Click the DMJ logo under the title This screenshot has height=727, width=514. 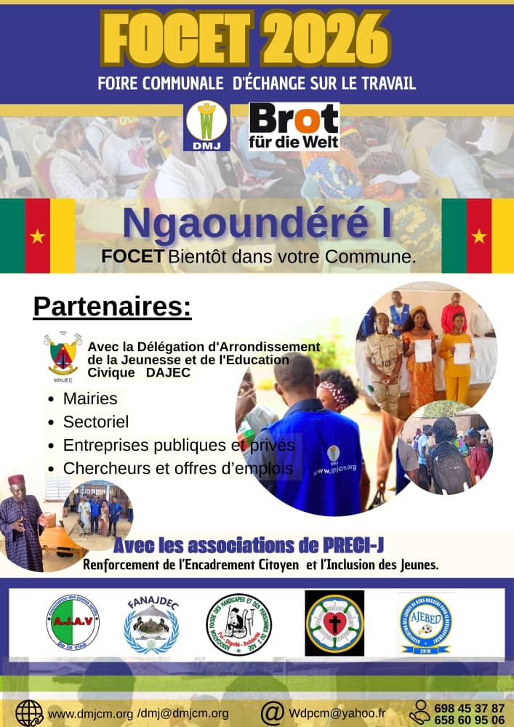(x=207, y=126)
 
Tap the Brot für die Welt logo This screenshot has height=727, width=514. (x=294, y=126)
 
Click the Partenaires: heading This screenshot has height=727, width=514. (x=112, y=306)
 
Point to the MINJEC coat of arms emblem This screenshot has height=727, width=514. (x=63, y=354)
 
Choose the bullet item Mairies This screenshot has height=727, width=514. (x=90, y=398)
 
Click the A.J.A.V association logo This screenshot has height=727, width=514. (x=73, y=622)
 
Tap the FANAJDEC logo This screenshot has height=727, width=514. (x=152, y=622)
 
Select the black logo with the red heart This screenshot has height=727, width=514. (x=334, y=622)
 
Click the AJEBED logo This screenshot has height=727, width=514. (x=426, y=622)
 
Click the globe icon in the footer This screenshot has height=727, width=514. (x=29, y=712)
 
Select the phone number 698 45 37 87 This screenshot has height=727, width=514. (x=469, y=707)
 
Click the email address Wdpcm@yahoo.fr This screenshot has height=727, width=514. (x=337, y=713)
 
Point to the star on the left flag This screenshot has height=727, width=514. (x=38, y=236)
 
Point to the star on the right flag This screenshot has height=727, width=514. (x=479, y=236)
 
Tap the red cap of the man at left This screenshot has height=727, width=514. (x=16, y=480)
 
